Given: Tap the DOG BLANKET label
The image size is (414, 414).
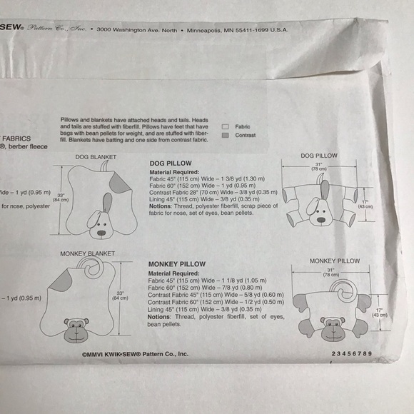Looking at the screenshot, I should click(95, 156).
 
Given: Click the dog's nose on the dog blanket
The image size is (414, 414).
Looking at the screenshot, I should click(101, 231).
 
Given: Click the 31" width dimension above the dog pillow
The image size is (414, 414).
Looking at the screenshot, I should click(318, 166).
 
